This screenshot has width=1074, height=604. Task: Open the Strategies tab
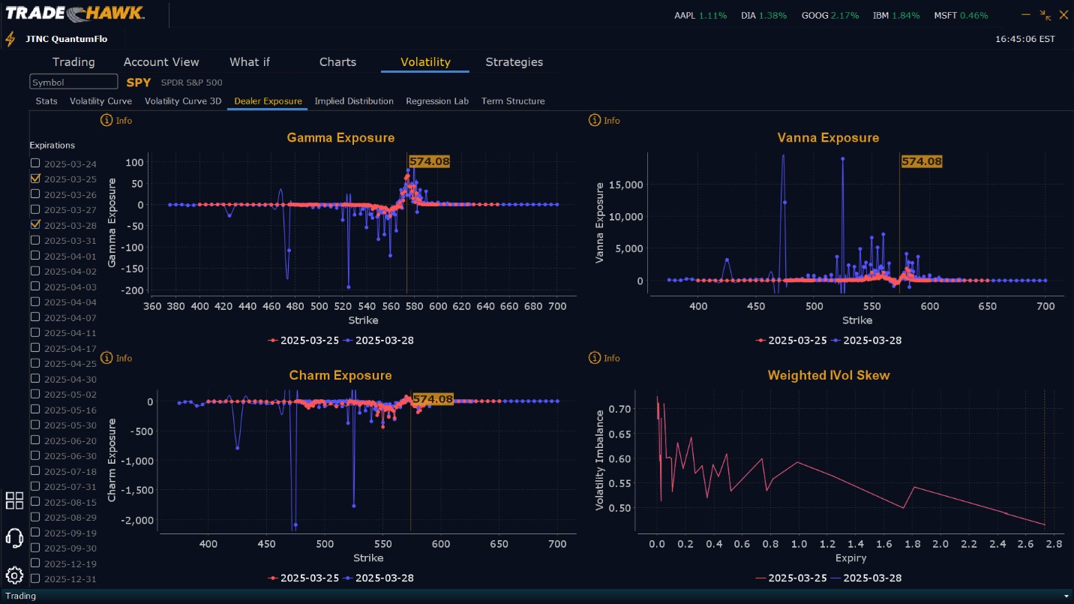(514, 62)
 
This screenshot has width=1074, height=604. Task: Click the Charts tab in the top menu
(337, 62)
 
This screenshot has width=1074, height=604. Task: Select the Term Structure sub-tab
(513, 101)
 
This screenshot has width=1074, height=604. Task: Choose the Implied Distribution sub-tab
(354, 101)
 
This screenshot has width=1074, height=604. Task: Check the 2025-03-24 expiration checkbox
(35, 163)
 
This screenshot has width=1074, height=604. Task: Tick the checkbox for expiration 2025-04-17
(35, 347)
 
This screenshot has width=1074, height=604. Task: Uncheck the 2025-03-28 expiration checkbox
(35, 224)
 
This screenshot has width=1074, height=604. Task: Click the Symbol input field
(73, 82)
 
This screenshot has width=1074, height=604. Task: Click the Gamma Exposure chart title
(340, 138)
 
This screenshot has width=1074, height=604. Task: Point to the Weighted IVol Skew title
(829, 375)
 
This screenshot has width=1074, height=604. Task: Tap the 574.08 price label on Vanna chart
(921, 161)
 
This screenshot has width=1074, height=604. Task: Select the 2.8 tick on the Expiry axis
(1053, 543)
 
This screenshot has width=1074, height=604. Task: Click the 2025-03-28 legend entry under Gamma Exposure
(379, 341)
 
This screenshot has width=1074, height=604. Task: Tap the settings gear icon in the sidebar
(14, 575)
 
